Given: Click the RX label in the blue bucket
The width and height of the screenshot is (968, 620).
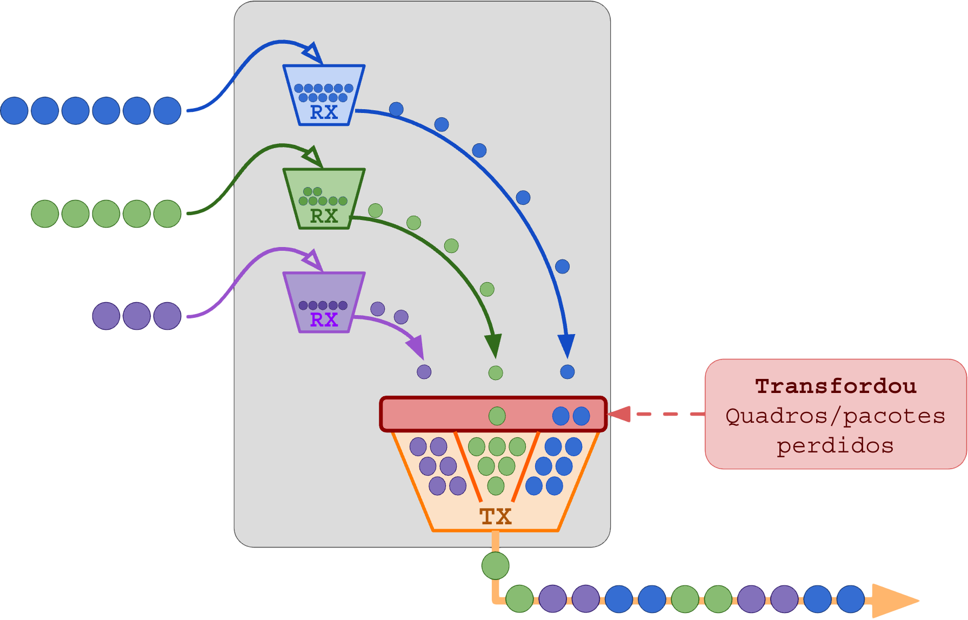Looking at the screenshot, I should coord(324,112).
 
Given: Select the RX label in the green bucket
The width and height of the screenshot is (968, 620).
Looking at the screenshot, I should coord(324,216).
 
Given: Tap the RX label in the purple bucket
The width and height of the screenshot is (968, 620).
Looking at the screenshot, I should coord(324,320).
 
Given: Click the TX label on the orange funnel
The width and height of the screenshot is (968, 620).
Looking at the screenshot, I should coord(496,517).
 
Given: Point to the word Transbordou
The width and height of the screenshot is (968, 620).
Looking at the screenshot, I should coord(836,386).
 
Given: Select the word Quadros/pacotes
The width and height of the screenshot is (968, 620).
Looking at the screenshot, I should coord(836,416).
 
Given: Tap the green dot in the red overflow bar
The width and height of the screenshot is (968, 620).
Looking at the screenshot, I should coord(497,416).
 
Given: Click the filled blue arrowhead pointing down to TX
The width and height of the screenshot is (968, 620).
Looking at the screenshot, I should coord(566,345).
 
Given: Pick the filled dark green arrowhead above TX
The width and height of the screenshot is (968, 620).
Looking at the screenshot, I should coord(494,345).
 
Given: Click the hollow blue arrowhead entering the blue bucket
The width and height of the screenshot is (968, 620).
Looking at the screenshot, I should coord(313,54).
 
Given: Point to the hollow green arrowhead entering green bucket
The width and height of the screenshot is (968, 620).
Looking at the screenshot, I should coord(313,157).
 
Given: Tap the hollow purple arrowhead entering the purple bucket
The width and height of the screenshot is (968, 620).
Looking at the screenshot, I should coord(313,261).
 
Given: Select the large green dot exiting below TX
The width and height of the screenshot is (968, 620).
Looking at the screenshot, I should coord(495,566).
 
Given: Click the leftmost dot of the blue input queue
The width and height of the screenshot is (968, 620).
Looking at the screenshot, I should coord(14,111).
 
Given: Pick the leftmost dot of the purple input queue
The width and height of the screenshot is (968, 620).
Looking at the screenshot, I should coord(106,316).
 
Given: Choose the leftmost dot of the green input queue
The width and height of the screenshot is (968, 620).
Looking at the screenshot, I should coord(45,214).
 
